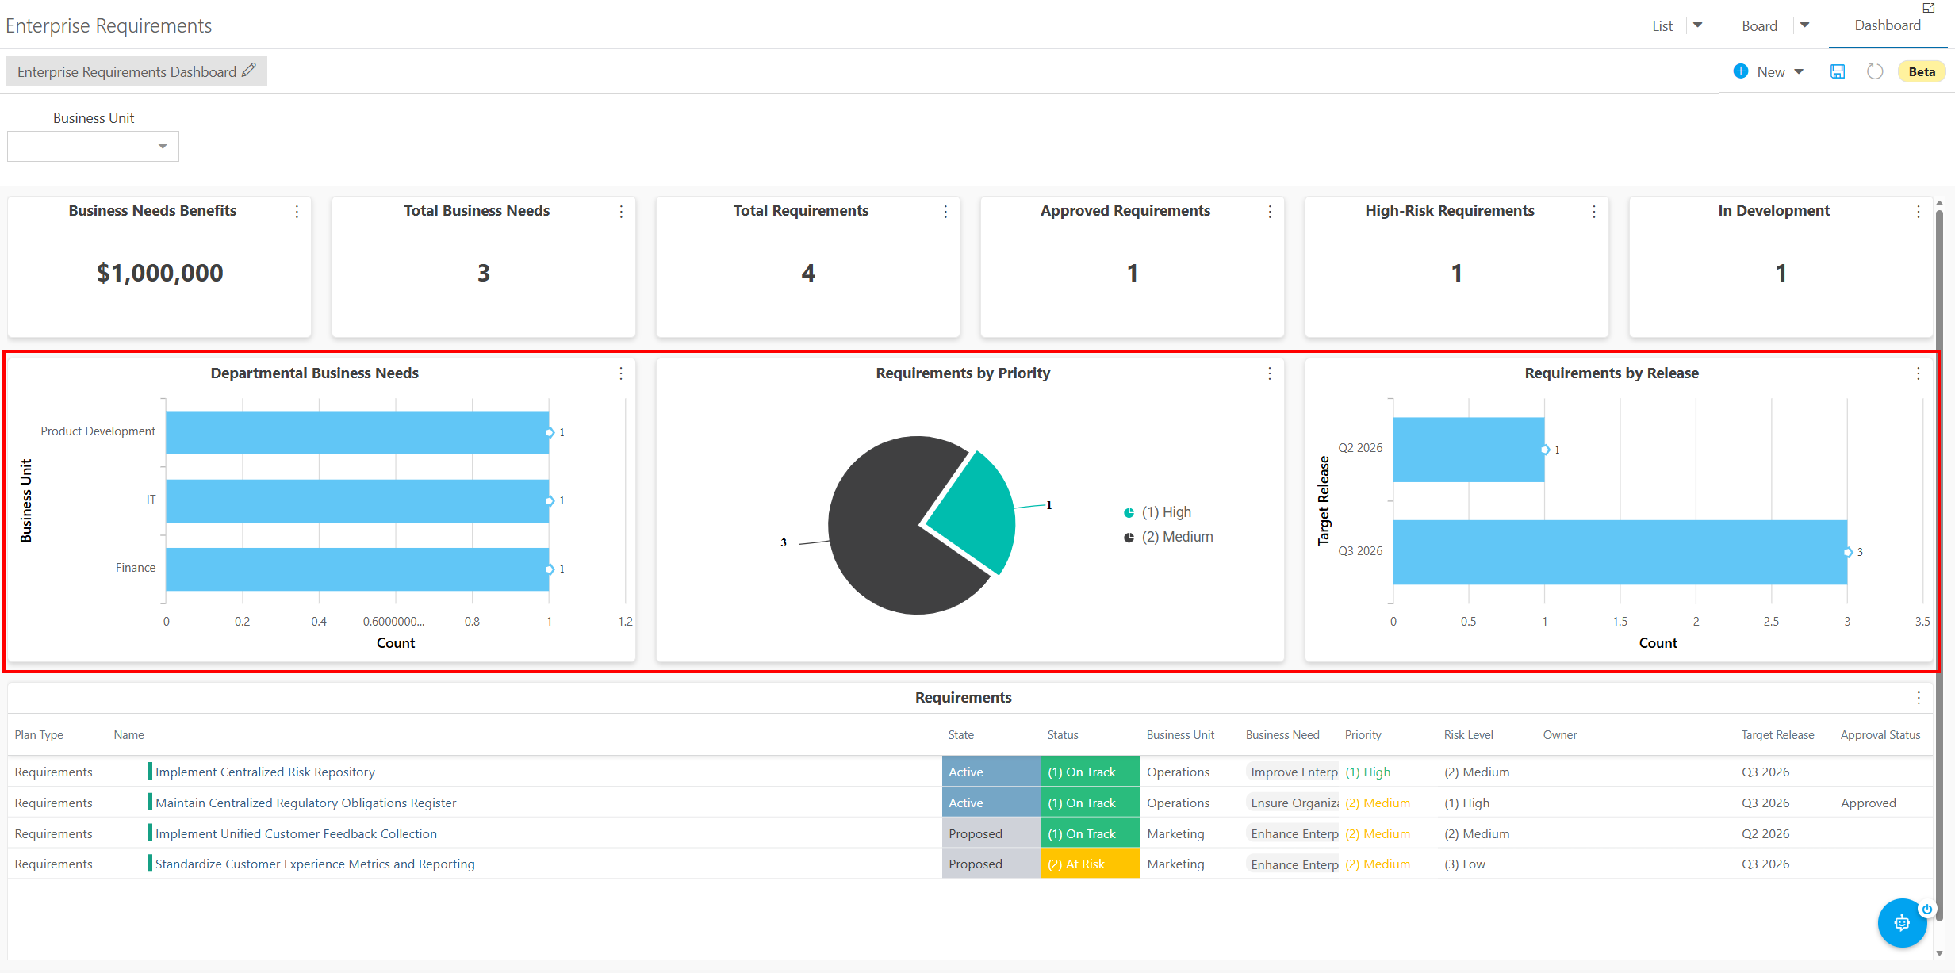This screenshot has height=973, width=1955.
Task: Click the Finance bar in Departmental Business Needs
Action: (357, 569)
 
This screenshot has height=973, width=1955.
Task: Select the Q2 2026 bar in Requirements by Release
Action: (1468, 450)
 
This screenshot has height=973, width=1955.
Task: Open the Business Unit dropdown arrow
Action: (163, 146)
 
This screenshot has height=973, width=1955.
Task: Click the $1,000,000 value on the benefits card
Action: (160, 273)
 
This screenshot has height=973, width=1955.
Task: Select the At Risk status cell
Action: (1091, 864)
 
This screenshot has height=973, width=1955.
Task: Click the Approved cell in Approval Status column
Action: (1868, 803)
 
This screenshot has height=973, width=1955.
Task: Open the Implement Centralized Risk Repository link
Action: (265, 772)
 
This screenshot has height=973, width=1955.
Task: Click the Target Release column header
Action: (1777, 735)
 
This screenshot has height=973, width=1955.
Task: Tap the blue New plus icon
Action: (1741, 71)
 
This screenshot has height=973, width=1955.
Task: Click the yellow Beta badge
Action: (1922, 72)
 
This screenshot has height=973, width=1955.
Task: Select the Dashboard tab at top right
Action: (1888, 25)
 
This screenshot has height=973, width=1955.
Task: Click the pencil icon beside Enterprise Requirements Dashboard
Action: (249, 71)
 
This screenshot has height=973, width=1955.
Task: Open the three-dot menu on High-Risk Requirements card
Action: (1594, 212)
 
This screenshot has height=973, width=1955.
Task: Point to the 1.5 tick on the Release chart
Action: (1620, 622)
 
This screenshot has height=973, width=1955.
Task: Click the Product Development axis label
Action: (98, 431)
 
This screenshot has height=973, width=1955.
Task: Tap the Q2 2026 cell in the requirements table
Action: (1765, 833)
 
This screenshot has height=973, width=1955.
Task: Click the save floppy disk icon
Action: (1838, 71)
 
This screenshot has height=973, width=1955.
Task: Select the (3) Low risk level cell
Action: (1465, 864)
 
